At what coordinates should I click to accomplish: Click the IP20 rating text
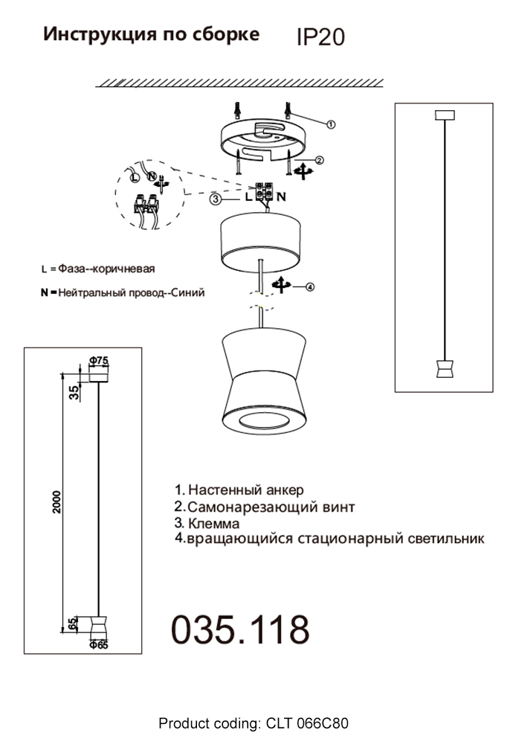tap(320, 37)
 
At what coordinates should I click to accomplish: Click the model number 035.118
tap(240, 629)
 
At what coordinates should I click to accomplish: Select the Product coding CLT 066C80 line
tap(254, 723)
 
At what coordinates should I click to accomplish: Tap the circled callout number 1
tap(332, 124)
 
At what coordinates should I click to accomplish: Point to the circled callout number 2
tap(319, 160)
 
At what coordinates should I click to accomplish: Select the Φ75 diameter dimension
tap(98, 361)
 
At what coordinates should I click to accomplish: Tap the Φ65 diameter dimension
tap(98, 645)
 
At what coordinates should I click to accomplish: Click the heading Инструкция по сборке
tap(152, 34)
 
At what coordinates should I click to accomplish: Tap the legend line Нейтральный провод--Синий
tap(123, 293)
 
